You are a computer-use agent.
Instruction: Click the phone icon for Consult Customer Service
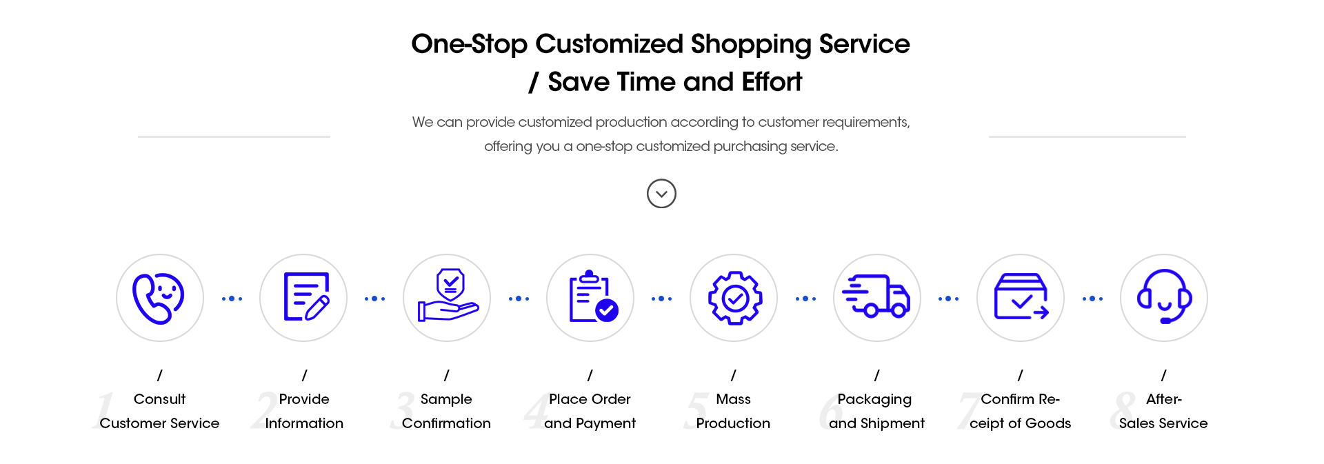(x=159, y=298)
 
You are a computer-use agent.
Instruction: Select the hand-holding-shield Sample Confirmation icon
(x=448, y=295)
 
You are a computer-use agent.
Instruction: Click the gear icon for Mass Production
(x=735, y=298)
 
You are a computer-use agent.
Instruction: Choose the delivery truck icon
(x=876, y=296)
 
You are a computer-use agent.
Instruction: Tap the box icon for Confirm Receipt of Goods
(x=1021, y=296)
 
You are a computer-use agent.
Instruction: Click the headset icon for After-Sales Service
(x=1165, y=296)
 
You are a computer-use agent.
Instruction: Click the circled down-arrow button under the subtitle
(x=661, y=194)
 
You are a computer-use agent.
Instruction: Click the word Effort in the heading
(x=772, y=82)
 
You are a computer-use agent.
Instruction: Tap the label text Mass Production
(x=733, y=411)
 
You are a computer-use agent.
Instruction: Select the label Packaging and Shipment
(x=876, y=411)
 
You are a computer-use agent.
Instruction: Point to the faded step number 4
(x=536, y=411)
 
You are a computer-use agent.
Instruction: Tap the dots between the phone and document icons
(x=232, y=299)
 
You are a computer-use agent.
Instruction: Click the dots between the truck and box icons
(x=948, y=299)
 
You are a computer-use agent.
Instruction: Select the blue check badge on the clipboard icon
(x=607, y=311)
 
